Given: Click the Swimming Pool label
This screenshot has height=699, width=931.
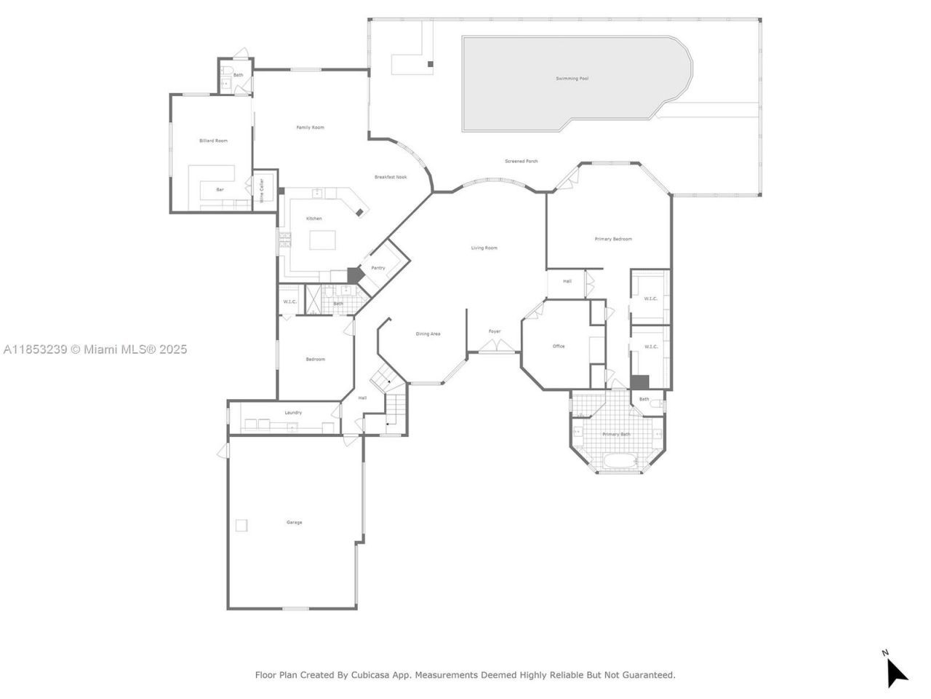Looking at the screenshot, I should coord(572,78).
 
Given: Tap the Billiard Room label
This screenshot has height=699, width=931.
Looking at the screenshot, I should coord(213,141).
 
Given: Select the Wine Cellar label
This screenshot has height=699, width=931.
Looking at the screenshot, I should coord(261,190).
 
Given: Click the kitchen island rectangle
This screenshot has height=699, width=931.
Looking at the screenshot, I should coord(324,240).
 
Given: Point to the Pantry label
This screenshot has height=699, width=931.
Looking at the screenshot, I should coord(378,268).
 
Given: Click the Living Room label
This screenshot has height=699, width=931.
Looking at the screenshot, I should coord(484,248).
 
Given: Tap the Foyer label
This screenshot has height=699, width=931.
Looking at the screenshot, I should coord(495,331).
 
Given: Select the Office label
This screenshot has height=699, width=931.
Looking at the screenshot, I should coord(559,346).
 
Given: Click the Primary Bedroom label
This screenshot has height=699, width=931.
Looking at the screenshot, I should coord(612,239).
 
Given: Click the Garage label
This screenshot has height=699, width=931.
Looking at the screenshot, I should coord(294,522).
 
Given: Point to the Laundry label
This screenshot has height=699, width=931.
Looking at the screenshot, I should coord(293,413).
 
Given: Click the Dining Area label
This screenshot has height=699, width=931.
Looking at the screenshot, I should coord(428,333).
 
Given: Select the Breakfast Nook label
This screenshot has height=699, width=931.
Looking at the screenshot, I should coord(391,177).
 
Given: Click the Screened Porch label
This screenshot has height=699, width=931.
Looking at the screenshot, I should coord(522,161).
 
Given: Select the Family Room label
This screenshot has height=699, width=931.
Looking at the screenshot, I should coord(310,127).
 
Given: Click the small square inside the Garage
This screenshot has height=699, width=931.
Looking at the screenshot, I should coord(241,525).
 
